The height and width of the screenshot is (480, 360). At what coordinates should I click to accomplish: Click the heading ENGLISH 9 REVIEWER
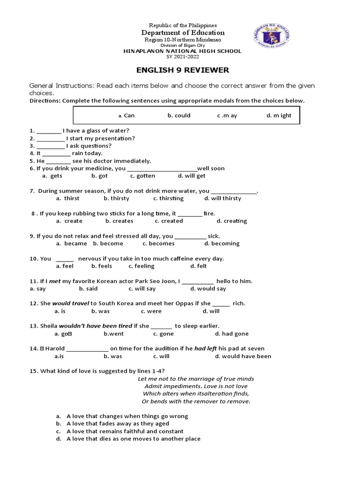(x=182, y=70)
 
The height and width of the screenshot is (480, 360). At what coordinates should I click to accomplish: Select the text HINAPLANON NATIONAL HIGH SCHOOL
(x=182, y=51)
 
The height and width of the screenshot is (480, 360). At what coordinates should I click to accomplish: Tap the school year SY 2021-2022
(x=182, y=57)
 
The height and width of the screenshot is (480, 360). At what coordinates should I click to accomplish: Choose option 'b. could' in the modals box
(x=179, y=115)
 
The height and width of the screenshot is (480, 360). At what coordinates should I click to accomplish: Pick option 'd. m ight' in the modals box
(x=279, y=115)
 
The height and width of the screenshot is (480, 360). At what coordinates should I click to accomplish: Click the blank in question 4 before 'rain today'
(x=57, y=153)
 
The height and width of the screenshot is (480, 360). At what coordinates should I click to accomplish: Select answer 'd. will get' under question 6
(x=191, y=176)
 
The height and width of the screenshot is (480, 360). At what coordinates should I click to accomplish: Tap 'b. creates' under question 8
(x=119, y=221)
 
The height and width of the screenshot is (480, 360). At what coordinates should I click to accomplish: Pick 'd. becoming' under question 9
(x=222, y=243)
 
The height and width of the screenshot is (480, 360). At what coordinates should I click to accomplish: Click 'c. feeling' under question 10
(x=141, y=266)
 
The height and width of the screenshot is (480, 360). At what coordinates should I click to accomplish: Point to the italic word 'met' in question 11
(x=55, y=281)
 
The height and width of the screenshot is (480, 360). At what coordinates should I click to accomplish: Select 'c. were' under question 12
(x=151, y=311)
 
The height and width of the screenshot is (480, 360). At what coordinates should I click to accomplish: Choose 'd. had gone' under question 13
(x=232, y=334)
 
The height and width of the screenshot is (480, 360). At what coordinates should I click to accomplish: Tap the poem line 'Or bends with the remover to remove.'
(x=196, y=401)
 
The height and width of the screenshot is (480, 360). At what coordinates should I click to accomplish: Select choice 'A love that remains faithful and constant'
(x=125, y=431)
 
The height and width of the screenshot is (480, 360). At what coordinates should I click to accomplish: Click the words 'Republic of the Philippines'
(x=183, y=25)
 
